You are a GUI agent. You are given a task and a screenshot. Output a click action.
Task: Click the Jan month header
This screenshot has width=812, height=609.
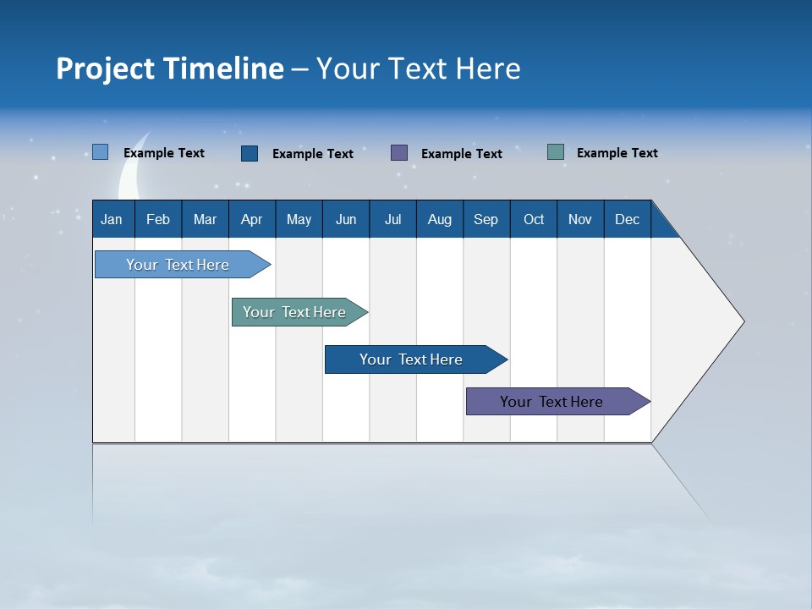pyautogui.click(x=112, y=219)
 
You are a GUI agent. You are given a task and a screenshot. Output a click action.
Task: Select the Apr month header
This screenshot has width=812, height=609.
pyautogui.click(x=252, y=219)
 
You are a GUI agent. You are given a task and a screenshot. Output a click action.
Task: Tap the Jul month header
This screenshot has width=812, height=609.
pyautogui.click(x=392, y=219)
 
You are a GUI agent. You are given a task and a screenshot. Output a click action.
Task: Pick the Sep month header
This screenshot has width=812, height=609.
pyautogui.click(x=486, y=219)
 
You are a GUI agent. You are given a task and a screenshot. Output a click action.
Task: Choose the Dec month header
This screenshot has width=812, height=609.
pyautogui.click(x=627, y=219)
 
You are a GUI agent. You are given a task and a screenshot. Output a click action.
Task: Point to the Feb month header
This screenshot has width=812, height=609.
pyautogui.click(x=158, y=219)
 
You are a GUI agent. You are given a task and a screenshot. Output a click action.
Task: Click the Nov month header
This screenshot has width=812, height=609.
pyautogui.click(x=580, y=219)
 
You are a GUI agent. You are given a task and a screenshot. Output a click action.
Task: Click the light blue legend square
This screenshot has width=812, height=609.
pyautogui.click(x=101, y=152)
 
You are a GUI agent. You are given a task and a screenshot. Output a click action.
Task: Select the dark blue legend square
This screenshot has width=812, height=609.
pyautogui.click(x=250, y=153)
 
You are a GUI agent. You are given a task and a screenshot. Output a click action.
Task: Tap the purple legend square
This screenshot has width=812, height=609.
pyautogui.click(x=399, y=152)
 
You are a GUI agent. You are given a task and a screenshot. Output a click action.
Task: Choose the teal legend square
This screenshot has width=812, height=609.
pyautogui.click(x=556, y=152)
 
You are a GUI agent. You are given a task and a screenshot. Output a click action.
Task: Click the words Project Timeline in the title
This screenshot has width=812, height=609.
pyautogui.click(x=170, y=69)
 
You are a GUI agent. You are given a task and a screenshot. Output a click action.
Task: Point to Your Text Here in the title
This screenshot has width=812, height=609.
pyautogui.click(x=419, y=69)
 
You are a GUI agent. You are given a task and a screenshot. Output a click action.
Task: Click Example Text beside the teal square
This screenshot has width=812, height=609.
pyautogui.click(x=617, y=153)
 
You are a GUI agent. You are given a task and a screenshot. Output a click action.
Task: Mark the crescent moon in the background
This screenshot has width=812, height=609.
pyautogui.click(x=130, y=173)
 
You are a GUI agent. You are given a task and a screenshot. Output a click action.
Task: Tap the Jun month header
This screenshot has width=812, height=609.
pyautogui.click(x=346, y=219)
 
